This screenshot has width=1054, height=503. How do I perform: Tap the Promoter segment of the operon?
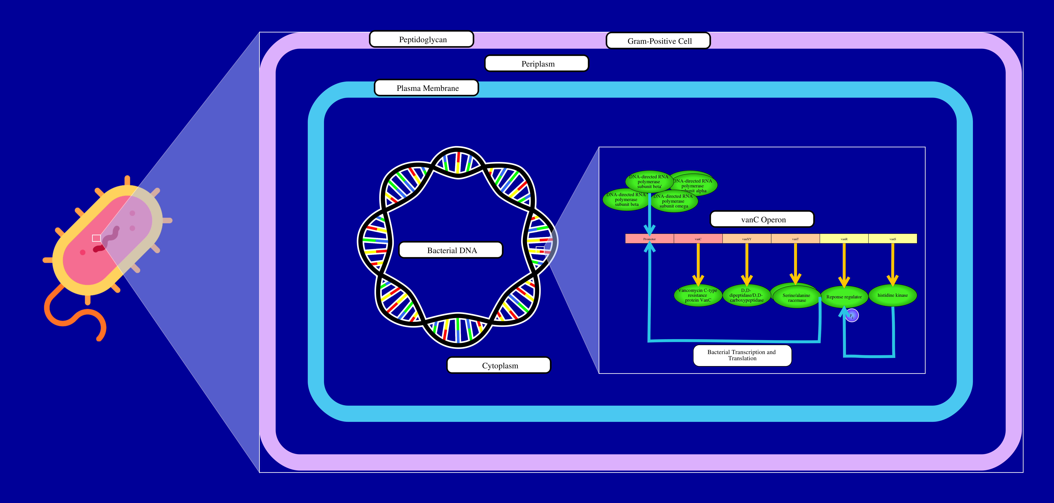(649, 239)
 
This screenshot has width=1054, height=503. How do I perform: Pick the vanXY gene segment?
(747, 239)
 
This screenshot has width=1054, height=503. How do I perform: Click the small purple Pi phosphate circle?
(852, 316)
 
